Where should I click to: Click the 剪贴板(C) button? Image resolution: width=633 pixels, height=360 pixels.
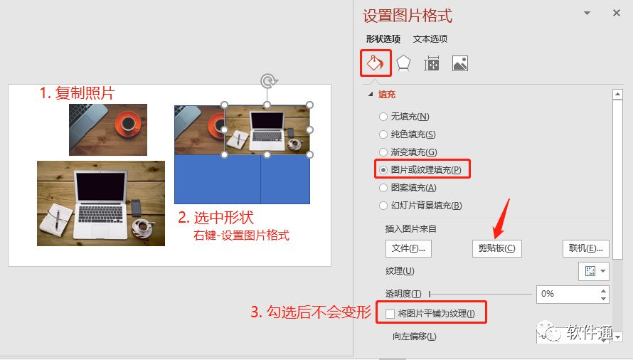click(497, 248)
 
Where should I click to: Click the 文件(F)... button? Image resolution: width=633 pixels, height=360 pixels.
click(408, 248)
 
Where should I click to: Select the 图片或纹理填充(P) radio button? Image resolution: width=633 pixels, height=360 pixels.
click(383, 170)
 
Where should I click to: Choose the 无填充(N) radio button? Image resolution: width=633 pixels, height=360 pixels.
click(383, 117)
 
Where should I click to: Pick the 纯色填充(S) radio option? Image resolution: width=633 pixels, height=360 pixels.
click(383, 134)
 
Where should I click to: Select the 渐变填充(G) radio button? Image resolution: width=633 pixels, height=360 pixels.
click(383, 152)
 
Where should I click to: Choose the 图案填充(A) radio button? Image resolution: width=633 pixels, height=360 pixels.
click(383, 188)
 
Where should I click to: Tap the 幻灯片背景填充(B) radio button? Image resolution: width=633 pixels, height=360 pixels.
click(383, 206)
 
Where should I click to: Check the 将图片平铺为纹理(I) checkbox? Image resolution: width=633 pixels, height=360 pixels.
click(390, 314)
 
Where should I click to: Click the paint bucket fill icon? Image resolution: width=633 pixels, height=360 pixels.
click(375, 63)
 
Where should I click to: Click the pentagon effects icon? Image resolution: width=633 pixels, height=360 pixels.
click(403, 63)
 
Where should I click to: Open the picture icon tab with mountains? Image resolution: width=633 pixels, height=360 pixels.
click(460, 63)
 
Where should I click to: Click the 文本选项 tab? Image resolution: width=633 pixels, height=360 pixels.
click(430, 39)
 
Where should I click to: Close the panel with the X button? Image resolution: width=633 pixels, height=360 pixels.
click(617, 13)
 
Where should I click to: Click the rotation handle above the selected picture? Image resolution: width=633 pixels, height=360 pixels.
click(267, 81)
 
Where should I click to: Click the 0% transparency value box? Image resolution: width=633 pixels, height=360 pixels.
click(568, 294)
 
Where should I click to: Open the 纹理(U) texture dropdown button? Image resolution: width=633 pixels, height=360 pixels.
click(594, 271)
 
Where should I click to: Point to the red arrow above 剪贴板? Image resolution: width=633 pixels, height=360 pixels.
click(501, 218)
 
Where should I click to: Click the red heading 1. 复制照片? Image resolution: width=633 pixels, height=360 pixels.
click(77, 93)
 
